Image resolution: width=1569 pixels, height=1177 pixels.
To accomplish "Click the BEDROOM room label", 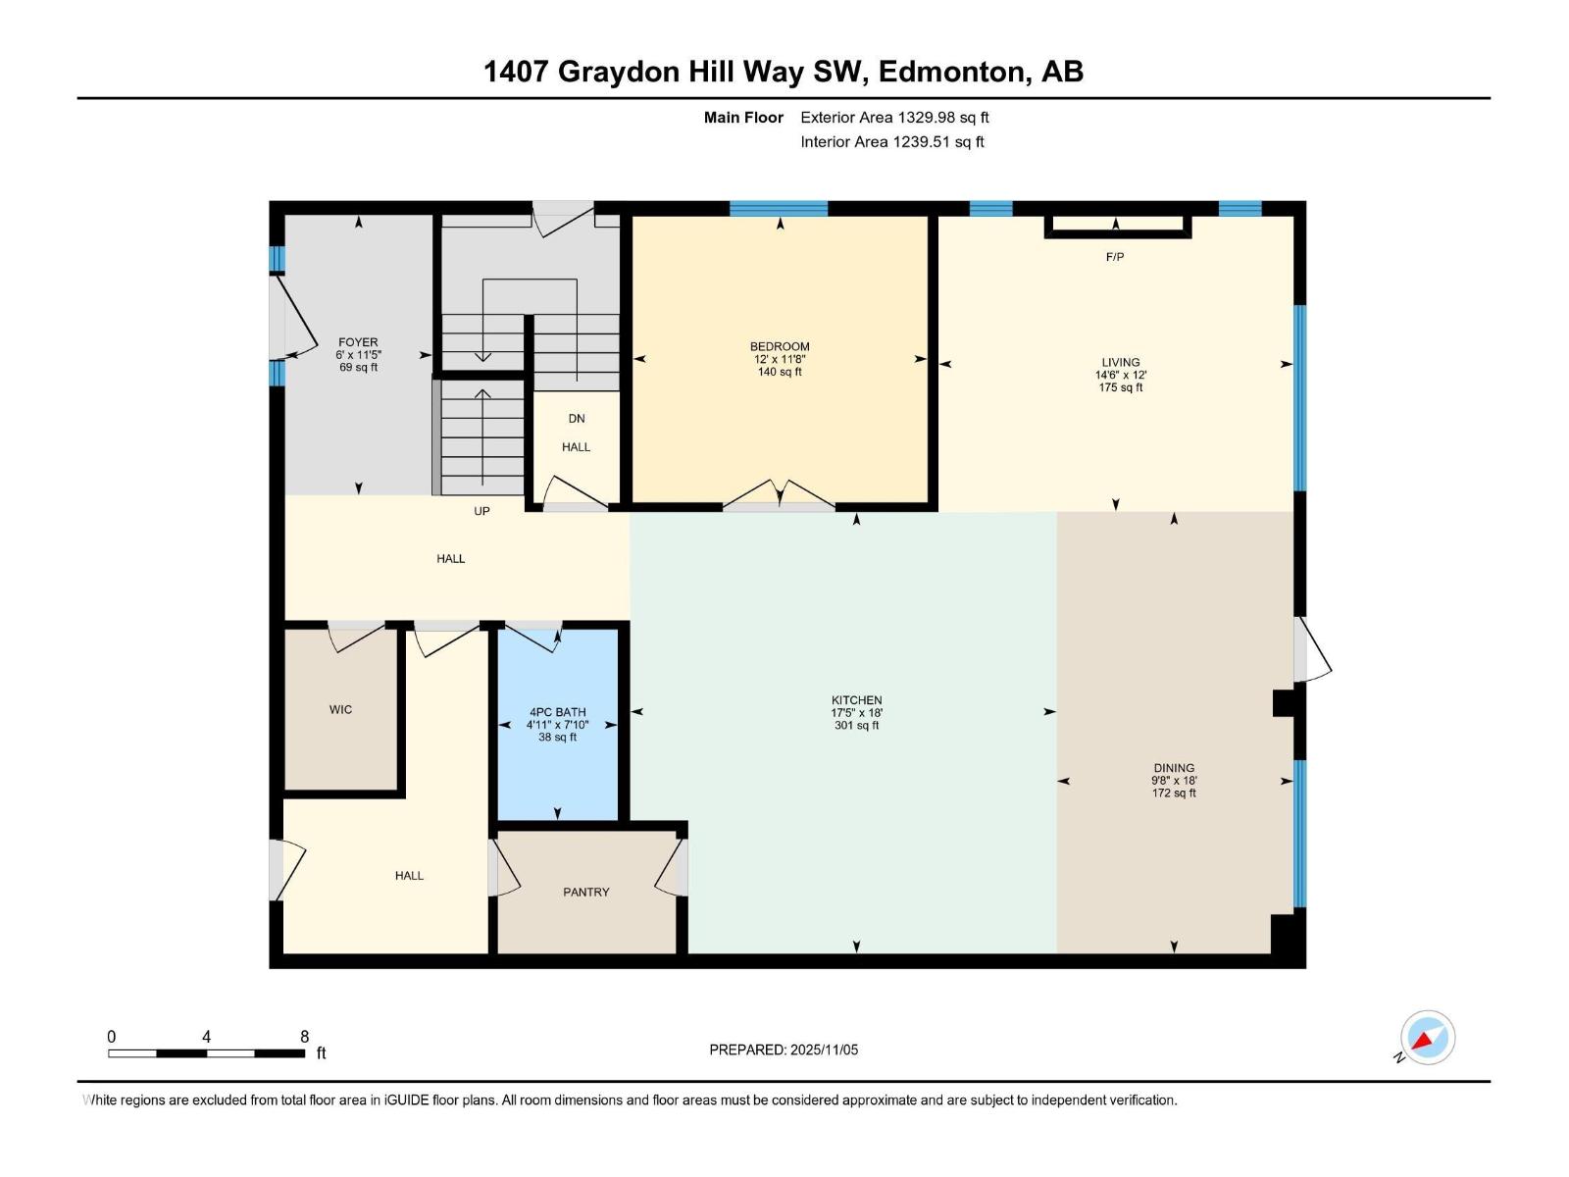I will (780, 346).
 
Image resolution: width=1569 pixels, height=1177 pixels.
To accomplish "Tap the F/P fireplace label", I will (1115, 257).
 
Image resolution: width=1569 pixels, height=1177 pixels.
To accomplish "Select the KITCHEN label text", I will (856, 700).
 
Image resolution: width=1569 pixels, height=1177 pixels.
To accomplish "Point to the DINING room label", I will (1174, 768).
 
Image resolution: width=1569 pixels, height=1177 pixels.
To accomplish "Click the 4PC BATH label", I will (557, 712).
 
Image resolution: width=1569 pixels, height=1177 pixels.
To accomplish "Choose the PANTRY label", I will (586, 892).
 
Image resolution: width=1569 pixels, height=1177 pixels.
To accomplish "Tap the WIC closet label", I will (340, 709).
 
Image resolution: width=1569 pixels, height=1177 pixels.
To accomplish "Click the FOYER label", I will (358, 342).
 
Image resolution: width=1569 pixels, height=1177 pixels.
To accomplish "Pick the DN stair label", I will (577, 418).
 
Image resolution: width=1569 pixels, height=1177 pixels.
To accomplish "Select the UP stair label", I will (481, 511).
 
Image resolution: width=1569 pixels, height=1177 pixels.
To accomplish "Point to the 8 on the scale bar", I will (305, 1037).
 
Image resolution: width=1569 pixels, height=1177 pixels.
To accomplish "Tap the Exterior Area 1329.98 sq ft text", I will (894, 117).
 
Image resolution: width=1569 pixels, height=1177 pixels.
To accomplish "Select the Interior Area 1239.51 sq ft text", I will (891, 141).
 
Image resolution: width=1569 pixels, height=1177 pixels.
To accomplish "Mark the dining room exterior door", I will (1311, 651).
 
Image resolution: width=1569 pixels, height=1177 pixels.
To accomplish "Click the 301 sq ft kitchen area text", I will (856, 726).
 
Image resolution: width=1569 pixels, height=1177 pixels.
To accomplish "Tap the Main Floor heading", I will (743, 117).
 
